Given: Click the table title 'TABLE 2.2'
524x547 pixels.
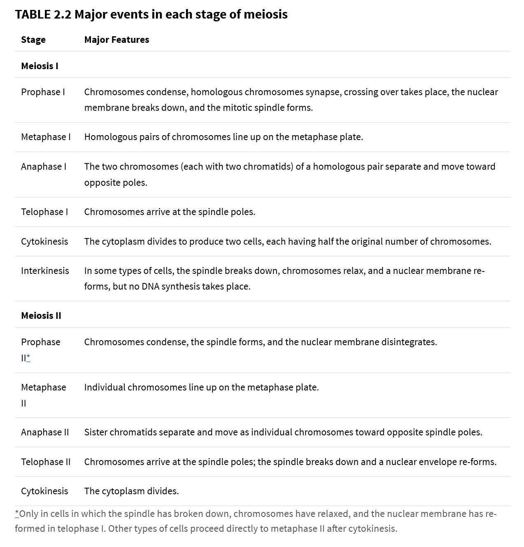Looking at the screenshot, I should pos(43,14).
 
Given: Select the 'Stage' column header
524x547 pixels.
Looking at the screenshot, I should pos(33,40).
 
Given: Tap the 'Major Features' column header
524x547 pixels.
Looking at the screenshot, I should pos(116,40).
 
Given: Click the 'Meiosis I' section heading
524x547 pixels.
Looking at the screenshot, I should pos(40,66).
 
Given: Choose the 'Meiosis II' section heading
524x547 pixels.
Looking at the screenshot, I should pos(41,316).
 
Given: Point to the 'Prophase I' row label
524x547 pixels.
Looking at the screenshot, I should pos(43,92).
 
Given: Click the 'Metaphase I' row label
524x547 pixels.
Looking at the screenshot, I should pos(46,137).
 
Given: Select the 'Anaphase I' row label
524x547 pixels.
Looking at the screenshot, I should pos(44,166).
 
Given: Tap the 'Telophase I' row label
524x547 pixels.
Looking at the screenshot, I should pos(44,212).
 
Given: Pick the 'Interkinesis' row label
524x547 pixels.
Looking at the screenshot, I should pos(45,271).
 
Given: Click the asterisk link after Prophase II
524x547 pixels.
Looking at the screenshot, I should pos(28,358).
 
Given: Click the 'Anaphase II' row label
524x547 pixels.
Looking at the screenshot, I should pos(45,432).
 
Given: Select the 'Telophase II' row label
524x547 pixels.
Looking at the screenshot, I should pos(46,462).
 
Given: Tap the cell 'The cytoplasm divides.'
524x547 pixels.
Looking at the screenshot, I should pos(131,491).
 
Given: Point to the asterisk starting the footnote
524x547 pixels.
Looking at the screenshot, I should pos(17,513).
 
